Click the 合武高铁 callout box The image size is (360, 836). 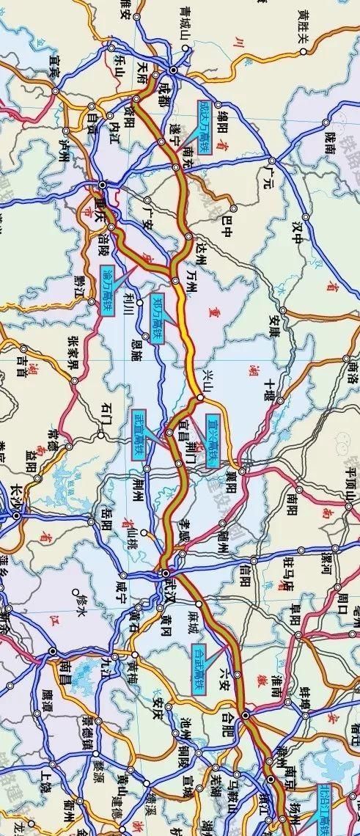coord(199,670)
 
